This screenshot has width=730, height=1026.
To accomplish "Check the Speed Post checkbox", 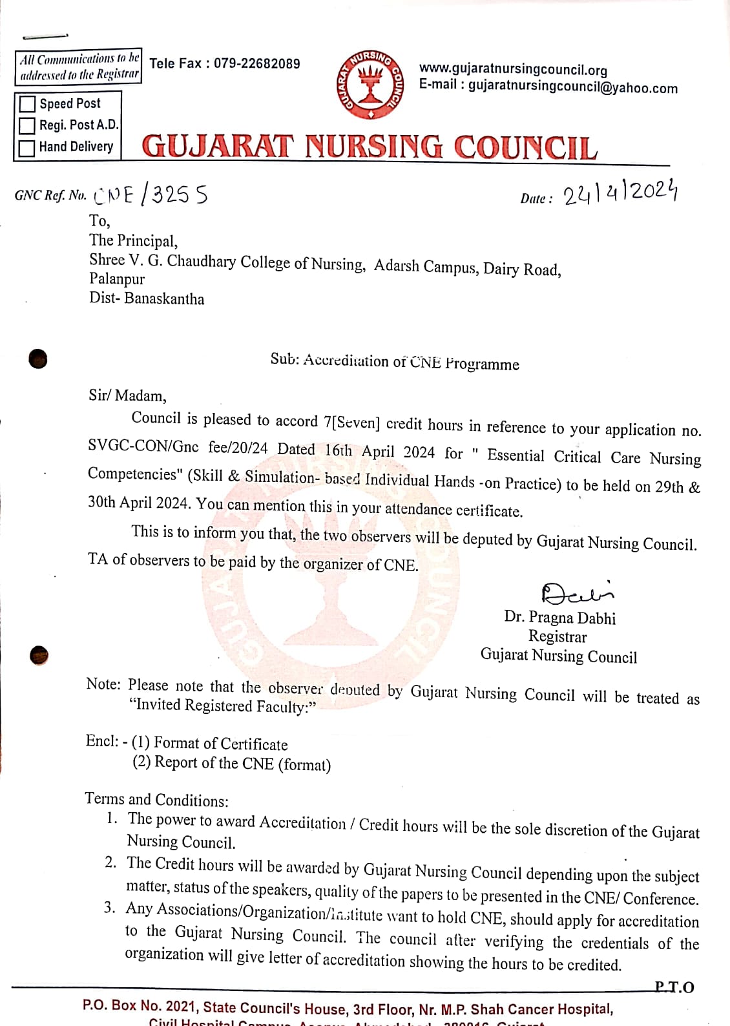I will (x=27, y=104).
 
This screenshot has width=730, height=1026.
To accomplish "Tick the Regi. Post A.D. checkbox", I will (x=27, y=125).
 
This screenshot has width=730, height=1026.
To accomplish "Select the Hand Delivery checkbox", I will (x=27, y=147).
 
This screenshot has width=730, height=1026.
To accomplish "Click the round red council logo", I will (x=370, y=85).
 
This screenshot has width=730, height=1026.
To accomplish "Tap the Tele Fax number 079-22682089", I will (x=256, y=63).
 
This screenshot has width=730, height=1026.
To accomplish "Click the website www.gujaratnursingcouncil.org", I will (x=513, y=69).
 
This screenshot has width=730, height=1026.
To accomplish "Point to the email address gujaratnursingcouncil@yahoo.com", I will (x=572, y=87).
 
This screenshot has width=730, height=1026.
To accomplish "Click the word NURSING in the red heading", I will (x=374, y=147).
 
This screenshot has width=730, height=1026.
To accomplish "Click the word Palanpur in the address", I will (x=117, y=279).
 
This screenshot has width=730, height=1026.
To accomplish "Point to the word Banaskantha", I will (x=164, y=298).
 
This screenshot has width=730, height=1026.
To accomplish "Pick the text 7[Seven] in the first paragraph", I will (x=352, y=423).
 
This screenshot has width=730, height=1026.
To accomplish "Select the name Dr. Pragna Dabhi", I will (x=559, y=617).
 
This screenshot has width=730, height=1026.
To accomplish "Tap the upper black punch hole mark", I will (x=39, y=358).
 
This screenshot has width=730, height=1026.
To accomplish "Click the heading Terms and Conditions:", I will (x=156, y=800).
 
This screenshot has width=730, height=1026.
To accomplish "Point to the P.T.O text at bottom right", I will (x=674, y=987).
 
